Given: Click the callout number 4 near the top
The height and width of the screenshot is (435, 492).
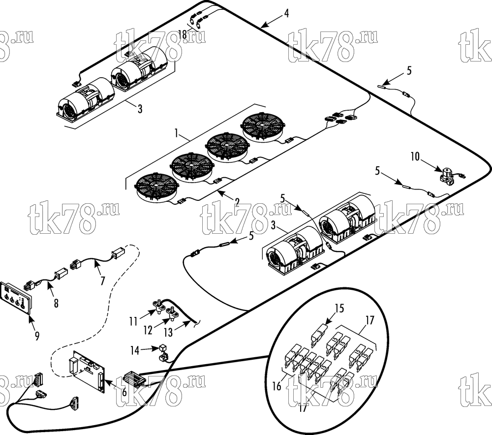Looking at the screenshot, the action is (x=286, y=13).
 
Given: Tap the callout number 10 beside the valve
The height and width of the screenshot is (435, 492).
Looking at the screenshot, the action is (x=415, y=156).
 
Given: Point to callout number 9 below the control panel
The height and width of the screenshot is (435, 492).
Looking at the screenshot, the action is (x=37, y=336).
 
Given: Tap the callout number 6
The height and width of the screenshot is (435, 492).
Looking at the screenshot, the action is (x=124, y=391).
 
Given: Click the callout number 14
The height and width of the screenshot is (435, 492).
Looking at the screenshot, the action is (x=135, y=350).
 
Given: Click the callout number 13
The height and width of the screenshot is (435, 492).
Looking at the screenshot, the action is (x=168, y=332).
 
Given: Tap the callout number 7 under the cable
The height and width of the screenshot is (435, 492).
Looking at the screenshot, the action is (x=103, y=280).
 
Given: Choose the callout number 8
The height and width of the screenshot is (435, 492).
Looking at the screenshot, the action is (x=56, y=303).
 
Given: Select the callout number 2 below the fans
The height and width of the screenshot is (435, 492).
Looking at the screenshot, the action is (x=237, y=202).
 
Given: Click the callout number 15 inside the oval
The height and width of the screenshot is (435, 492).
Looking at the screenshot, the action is (x=339, y=308).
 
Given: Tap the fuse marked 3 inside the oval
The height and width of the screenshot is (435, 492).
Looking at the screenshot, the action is (x=319, y=334).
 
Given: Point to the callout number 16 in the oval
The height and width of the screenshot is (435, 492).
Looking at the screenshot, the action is (x=277, y=386).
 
